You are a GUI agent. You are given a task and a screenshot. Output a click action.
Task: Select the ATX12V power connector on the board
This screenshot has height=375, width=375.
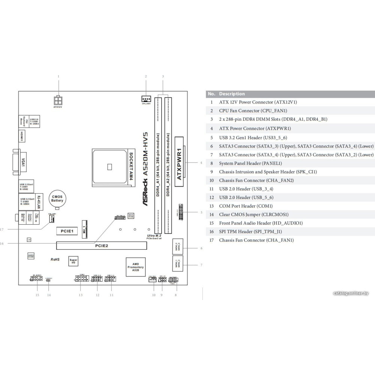coord(58,101)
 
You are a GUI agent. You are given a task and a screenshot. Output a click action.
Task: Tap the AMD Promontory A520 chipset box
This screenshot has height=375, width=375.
coord(135,267)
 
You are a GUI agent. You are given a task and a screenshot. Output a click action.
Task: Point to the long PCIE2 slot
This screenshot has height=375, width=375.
coord(101,246)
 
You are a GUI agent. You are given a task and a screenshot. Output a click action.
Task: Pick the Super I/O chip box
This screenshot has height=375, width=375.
coord(73,261)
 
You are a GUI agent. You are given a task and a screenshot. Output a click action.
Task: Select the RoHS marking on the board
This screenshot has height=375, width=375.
coord(55,259)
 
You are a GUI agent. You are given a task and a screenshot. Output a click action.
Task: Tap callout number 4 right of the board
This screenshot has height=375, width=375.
coord(201,163)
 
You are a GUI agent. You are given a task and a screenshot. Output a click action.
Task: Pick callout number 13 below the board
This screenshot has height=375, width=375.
coord(80,295)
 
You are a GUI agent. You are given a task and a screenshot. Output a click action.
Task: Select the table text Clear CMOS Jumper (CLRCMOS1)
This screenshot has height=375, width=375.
coord(254,214)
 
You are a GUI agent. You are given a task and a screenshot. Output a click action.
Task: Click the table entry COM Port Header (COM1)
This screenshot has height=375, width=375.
coord(246,206)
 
